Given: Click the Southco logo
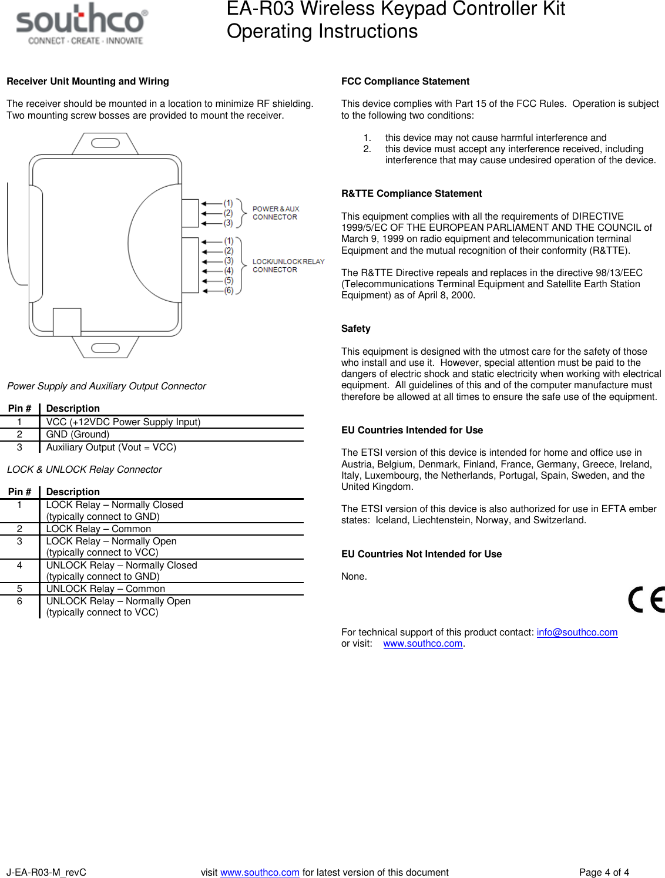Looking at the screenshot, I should tap(82, 24).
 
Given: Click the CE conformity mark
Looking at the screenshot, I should tap(646, 600).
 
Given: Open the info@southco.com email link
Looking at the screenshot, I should tap(576, 632).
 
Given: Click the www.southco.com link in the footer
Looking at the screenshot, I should tap(260, 872).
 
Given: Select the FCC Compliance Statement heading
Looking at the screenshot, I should tap(405, 81).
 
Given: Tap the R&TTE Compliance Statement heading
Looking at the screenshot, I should tap(411, 193).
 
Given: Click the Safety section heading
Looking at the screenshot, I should tap(355, 328).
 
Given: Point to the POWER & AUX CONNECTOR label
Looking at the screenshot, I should tap(275, 213).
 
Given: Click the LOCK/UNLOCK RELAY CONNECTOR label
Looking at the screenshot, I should tap(288, 265).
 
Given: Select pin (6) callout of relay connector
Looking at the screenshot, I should tap(229, 290).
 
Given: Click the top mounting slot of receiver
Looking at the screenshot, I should tap(106, 143).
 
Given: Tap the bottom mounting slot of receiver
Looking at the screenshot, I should tap(106, 348).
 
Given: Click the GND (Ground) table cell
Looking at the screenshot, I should tap(78, 434).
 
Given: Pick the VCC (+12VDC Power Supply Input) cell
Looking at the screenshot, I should tap(123, 422).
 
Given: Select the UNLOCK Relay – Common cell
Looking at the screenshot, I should tap(105, 588).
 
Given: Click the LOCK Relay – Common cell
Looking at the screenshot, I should tap(98, 529).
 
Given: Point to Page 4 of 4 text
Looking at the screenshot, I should tap(603, 872).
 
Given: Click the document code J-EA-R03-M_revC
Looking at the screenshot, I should tap(46, 872).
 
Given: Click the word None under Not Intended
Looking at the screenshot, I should tap(354, 576).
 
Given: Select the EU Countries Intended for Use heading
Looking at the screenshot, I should tap(412, 430).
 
